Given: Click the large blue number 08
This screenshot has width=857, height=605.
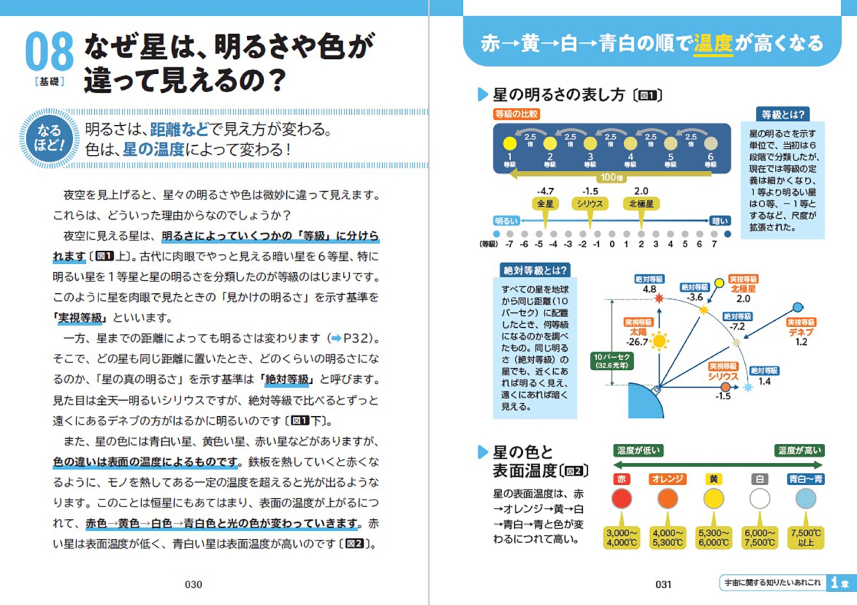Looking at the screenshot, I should pos(49,51).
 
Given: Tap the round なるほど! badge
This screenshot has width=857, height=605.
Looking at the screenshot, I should pos(49,138).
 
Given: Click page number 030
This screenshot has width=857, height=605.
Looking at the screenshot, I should pos(193,584).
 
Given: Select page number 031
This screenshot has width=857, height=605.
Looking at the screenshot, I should pos(663,584).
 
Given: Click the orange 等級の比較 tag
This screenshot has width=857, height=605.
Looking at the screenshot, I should pos(516,114).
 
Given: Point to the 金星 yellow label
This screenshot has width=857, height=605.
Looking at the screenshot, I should pos(545,204).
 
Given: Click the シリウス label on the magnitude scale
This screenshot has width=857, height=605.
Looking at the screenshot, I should pos(590,204).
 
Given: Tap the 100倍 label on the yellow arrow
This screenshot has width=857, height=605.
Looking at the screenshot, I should pos(611,177).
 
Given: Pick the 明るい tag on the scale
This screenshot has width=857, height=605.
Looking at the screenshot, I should pos(506,221).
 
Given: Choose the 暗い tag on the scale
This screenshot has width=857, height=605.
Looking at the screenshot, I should pos(720,221).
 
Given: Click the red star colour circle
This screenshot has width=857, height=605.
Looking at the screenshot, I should pos(621,499).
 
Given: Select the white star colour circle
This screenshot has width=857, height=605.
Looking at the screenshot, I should pos(760,499).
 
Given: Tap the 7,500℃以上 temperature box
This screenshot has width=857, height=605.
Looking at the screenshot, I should pos(806,538).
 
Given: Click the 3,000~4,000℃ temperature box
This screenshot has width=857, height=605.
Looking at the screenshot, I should pos(621,538).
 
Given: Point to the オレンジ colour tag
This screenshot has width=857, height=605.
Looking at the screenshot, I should pos(668,479).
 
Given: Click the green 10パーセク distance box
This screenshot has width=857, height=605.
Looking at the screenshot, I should pos(611,361).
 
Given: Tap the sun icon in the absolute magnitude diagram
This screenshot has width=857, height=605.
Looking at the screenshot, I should pos(659,341).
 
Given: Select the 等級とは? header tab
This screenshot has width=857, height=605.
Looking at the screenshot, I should pos(783,114).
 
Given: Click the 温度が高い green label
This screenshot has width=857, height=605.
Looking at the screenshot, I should pos(800,450).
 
